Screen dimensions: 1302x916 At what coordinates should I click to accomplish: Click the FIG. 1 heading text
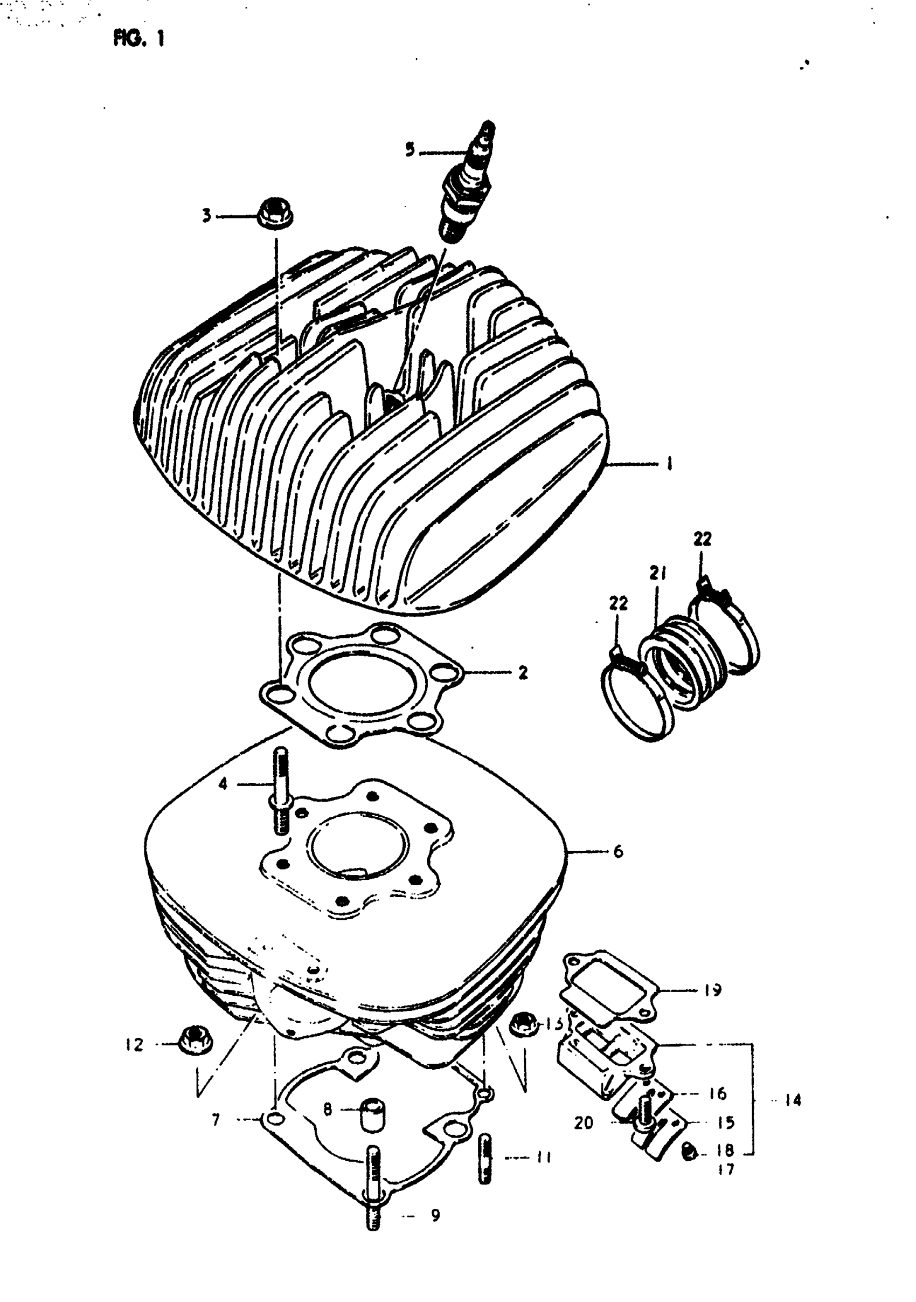click(x=139, y=39)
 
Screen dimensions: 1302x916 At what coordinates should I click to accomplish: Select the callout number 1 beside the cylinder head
click(x=669, y=464)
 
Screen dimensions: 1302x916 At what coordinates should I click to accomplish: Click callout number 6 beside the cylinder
click(x=618, y=867)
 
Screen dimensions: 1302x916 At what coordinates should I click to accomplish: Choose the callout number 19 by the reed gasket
click(x=712, y=990)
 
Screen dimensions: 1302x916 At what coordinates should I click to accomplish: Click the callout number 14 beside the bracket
click(x=793, y=1100)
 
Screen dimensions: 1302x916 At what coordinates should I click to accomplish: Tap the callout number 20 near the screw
click(x=583, y=1123)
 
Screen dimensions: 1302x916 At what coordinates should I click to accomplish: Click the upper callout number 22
click(x=702, y=539)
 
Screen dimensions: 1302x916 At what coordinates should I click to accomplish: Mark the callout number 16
click(x=718, y=1093)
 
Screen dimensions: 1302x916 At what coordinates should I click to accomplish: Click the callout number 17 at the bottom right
click(x=726, y=1169)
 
